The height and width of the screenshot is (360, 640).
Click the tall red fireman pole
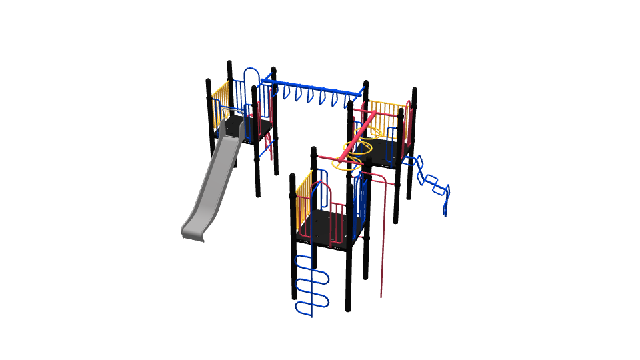tap(382, 233)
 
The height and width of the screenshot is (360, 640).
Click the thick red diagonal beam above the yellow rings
tap(360, 137)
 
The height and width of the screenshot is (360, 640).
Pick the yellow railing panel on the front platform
tap(303, 197)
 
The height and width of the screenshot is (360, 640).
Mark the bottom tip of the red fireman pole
tap(381, 295)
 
